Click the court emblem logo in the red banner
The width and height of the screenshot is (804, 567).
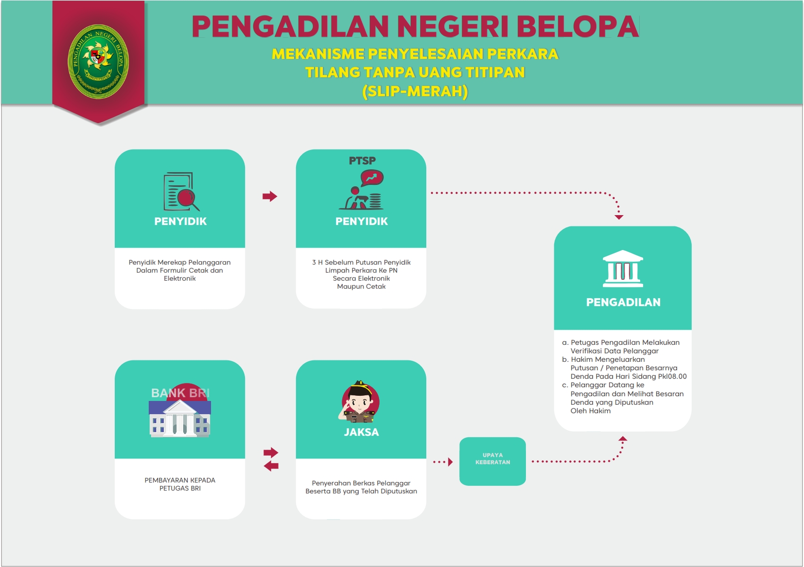[x=98, y=61]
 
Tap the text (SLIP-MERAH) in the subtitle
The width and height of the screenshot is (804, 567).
[x=415, y=91]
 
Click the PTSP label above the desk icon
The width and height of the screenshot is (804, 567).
[x=362, y=161]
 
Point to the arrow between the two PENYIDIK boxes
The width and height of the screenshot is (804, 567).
[x=270, y=196]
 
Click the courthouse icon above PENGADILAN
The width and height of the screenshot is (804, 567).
[x=623, y=268]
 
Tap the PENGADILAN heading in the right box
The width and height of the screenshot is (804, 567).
[x=623, y=302]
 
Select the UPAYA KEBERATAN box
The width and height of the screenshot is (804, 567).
[x=492, y=461]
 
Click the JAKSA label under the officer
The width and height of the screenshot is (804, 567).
[x=361, y=432]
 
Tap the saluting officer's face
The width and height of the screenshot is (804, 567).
[x=360, y=402]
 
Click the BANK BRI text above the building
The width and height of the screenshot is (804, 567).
[x=180, y=393]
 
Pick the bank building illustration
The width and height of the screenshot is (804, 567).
[x=180, y=419]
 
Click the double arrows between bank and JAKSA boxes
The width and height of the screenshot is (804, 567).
[x=271, y=459]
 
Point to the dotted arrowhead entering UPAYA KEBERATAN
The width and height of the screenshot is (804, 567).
[x=450, y=462]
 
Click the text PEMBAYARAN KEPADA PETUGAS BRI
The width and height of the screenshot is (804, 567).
[x=180, y=484]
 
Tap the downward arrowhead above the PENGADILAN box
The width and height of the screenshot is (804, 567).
[x=619, y=217]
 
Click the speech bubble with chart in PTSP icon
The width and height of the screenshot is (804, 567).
[x=372, y=178]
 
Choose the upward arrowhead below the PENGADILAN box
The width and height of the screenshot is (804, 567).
[x=623, y=439]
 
